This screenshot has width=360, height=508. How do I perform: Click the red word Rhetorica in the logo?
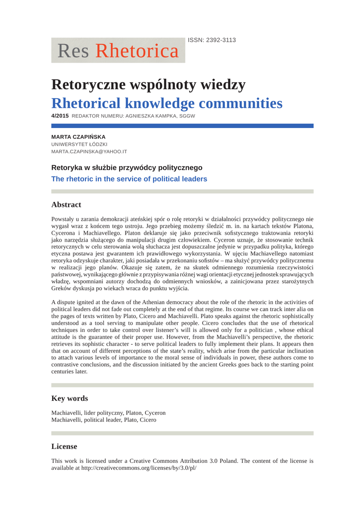pos(137,51)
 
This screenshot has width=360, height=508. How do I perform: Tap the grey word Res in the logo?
pos(73,51)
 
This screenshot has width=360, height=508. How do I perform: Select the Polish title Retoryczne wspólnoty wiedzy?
pos(148,85)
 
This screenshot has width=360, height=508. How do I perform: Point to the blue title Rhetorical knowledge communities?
pos(167,104)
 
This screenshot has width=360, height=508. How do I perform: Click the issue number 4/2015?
pos(60,116)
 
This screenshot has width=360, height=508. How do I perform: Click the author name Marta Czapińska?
pos(78,136)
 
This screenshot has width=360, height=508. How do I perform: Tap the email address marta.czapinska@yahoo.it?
pos(89,152)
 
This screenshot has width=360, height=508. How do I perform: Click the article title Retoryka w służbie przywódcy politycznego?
pos(127,168)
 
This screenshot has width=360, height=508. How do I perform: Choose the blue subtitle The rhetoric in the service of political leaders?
pos(129,179)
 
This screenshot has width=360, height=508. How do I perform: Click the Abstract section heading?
pos(66,205)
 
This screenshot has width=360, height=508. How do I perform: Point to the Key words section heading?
pos(70,398)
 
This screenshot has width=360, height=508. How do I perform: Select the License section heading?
pos(64,446)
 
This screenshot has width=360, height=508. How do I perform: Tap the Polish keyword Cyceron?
pos(154,413)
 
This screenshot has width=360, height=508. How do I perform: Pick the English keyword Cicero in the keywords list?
pos(148,420)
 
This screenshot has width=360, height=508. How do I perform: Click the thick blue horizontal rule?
pos(182,126)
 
